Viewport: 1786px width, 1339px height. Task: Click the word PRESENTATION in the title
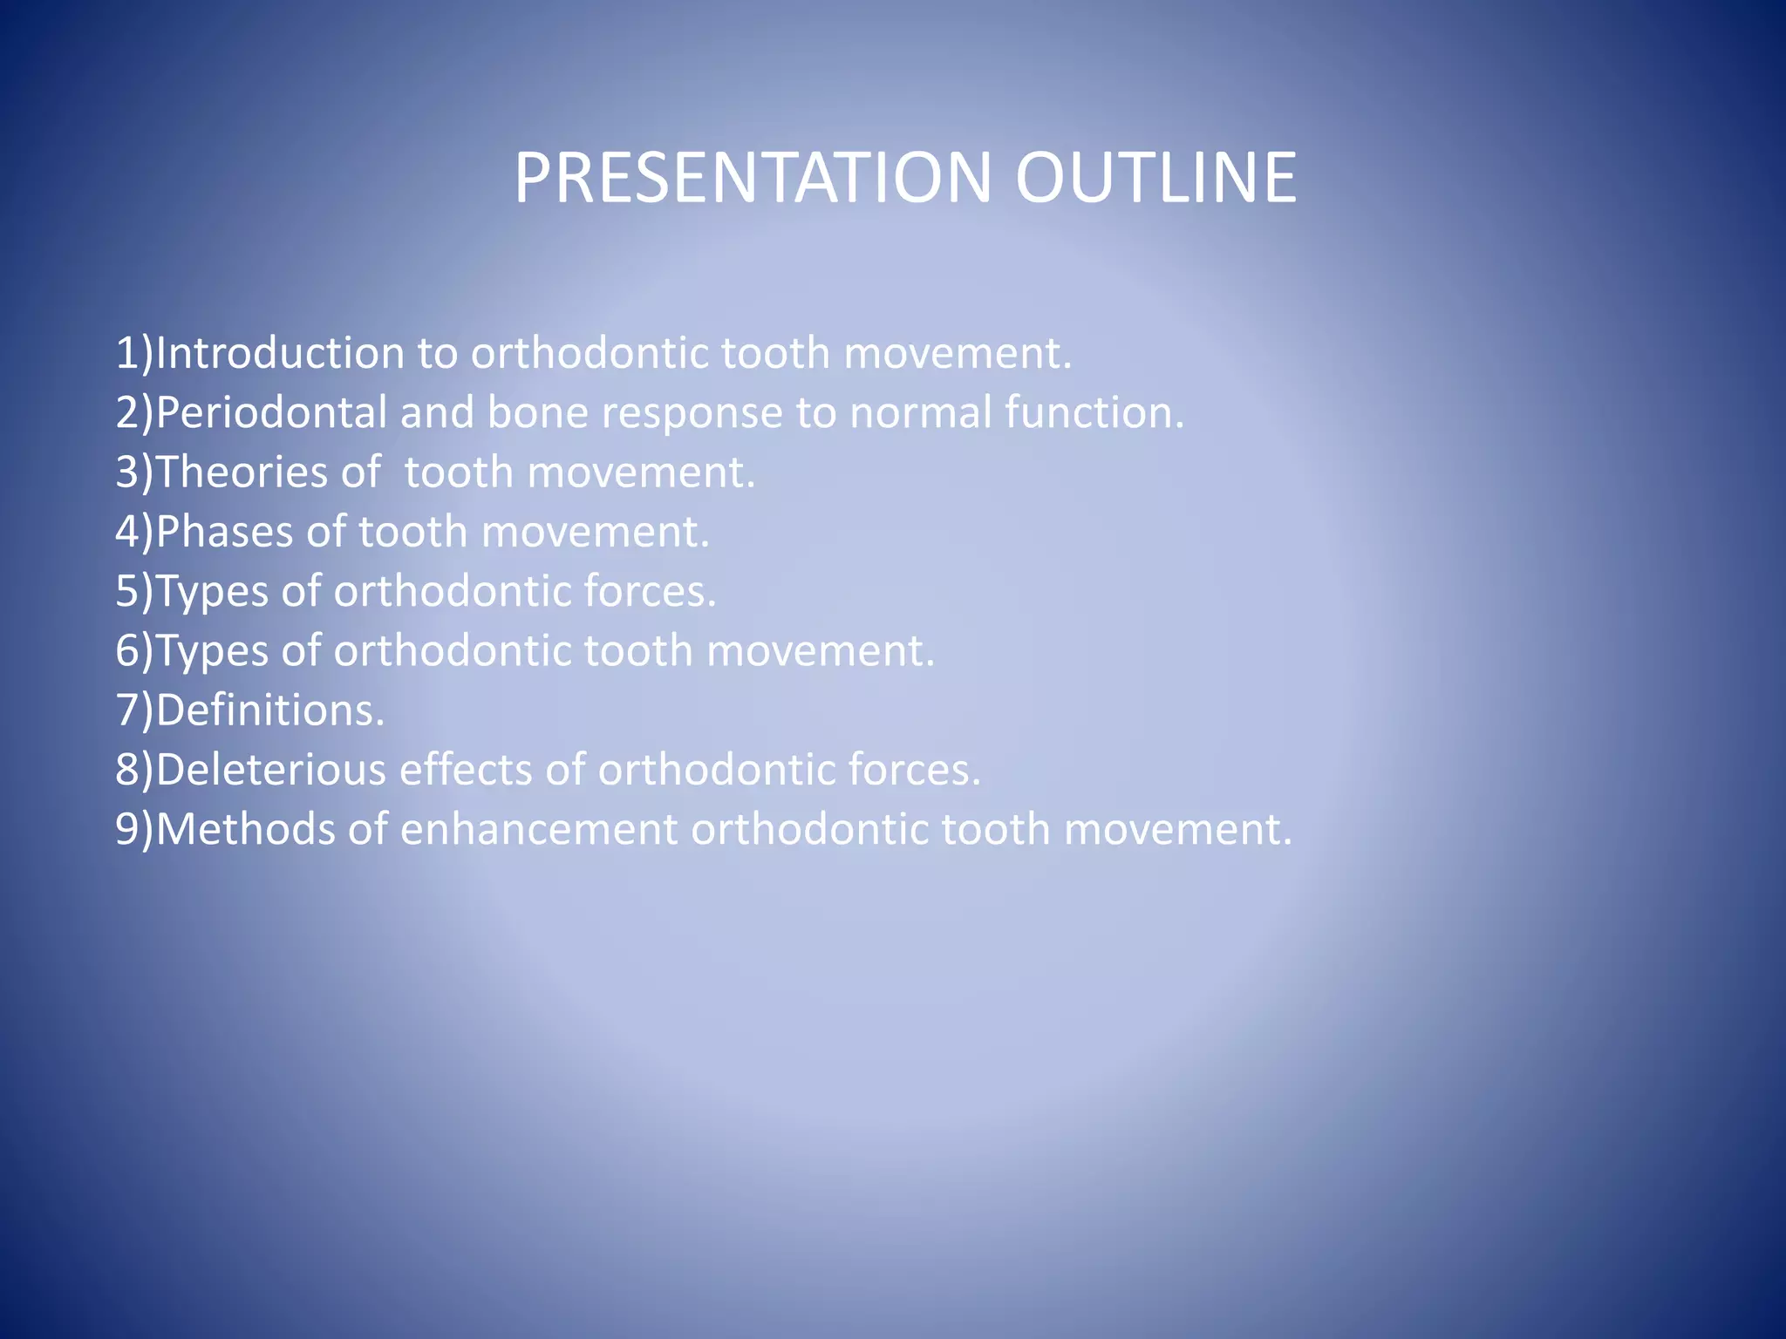752,178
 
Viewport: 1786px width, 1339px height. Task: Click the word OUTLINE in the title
1155,178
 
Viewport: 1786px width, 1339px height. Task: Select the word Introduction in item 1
280,353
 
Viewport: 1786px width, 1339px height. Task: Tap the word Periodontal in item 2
271,412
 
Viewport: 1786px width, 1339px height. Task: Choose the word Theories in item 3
242,472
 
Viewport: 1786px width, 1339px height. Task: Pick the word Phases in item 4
224,532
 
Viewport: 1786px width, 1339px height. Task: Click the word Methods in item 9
245,829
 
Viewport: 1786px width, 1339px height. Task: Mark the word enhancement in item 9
538,829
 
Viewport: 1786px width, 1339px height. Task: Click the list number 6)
133,651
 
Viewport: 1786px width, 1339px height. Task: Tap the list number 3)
133,472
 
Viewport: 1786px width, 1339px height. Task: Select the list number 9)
133,829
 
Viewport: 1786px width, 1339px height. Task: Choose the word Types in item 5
212,593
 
